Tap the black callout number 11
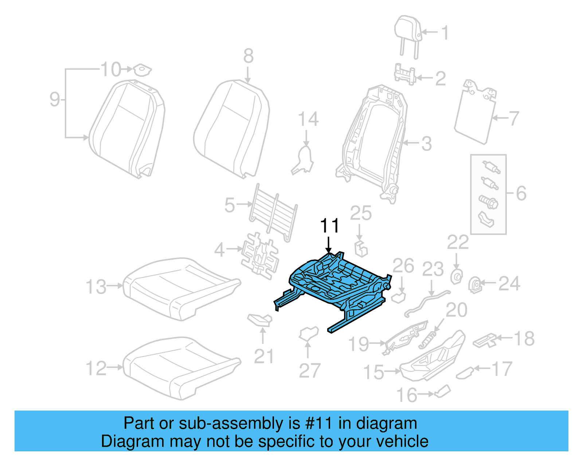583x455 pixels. (329, 226)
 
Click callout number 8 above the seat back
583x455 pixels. (248, 56)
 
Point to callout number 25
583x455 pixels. (361, 213)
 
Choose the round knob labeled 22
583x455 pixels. (456, 277)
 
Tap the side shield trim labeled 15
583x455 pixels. (434, 357)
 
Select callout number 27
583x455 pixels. (309, 371)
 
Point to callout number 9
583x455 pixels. (55, 99)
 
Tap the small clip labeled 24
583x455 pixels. (475, 285)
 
